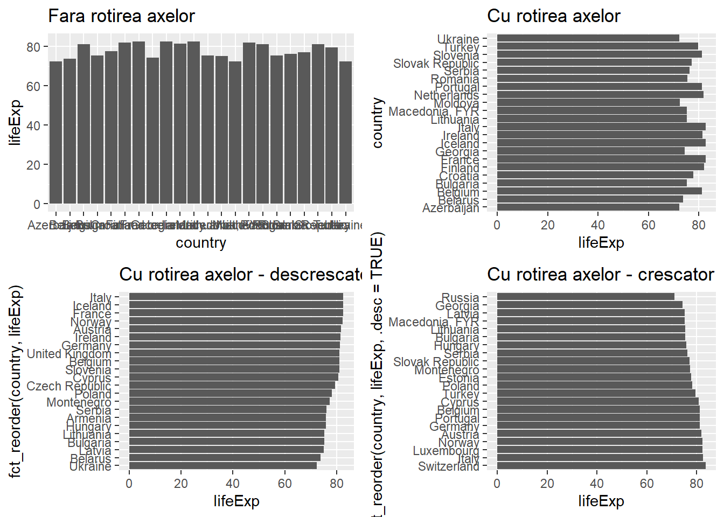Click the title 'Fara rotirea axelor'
[x=121, y=16]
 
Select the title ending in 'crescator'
[x=600, y=275]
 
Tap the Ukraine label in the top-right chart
[x=458, y=39]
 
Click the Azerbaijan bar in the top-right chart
[x=588, y=207]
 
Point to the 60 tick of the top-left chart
[x=33, y=86]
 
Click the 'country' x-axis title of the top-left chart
[x=201, y=243]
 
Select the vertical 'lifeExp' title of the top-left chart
[x=15, y=123]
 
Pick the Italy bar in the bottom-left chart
[x=236, y=297]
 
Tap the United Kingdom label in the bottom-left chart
[x=69, y=354]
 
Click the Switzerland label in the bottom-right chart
[x=448, y=466]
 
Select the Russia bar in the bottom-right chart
[x=585, y=297]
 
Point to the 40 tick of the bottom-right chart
[x=597, y=484]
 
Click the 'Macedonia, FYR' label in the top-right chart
[x=433, y=111]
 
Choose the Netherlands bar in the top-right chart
[x=600, y=95]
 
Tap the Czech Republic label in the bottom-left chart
[x=68, y=386]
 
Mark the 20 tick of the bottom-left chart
[x=181, y=484]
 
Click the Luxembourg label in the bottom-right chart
[x=445, y=450]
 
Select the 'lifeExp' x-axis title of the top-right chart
[x=601, y=243]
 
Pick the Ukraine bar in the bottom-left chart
[x=222, y=466]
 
